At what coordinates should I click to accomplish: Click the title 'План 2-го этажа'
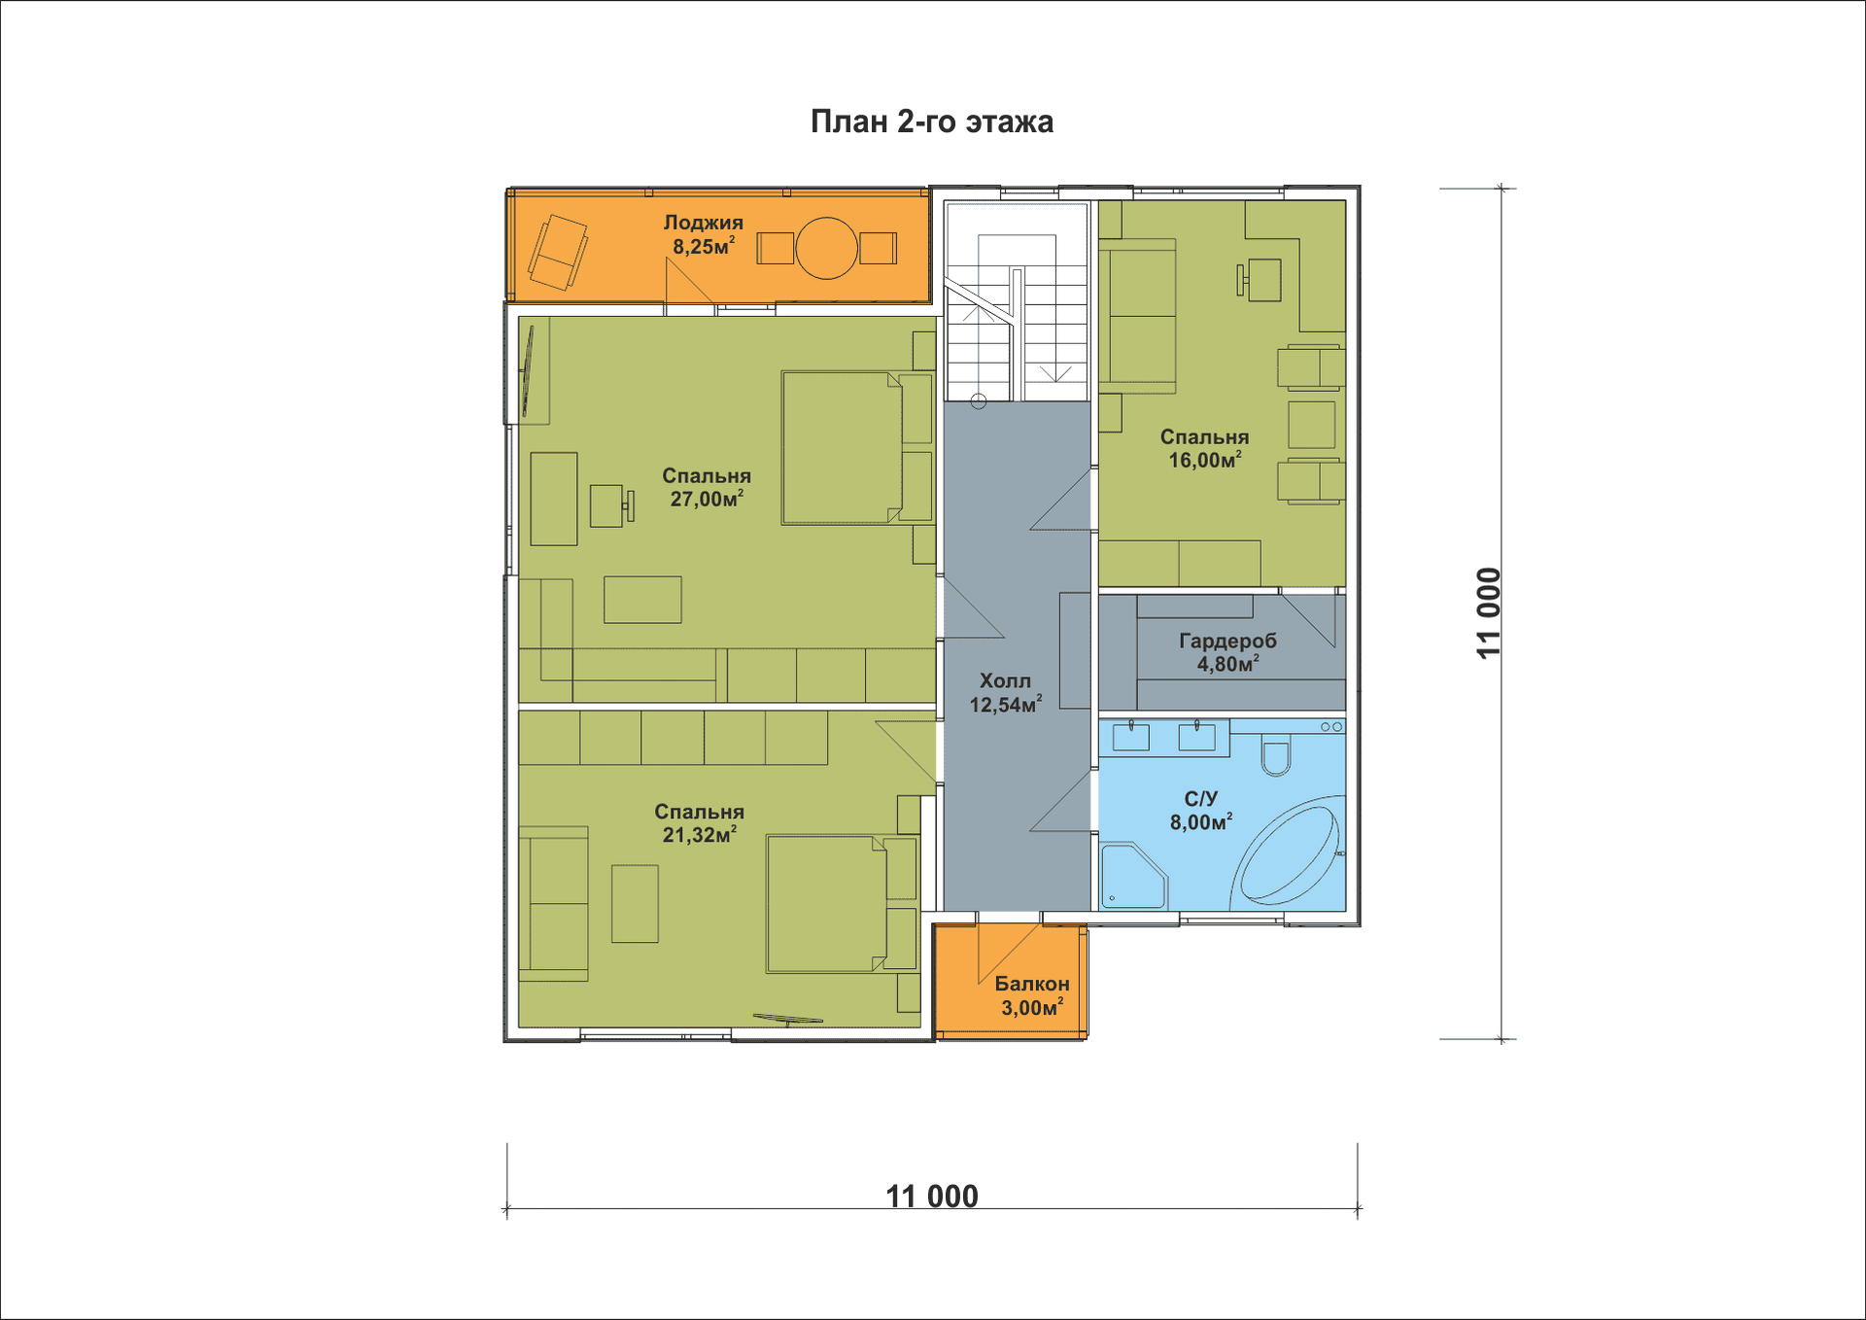(x=932, y=122)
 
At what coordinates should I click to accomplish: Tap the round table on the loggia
(x=827, y=248)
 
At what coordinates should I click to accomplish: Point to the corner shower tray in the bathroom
(x=1132, y=877)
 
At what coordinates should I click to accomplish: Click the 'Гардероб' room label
(x=1227, y=641)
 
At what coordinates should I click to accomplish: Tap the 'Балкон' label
(x=1031, y=984)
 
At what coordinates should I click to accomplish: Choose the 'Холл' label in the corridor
(x=1005, y=680)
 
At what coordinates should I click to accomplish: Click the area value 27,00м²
(x=707, y=499)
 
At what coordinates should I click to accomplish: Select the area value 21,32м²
(x=700, y=834)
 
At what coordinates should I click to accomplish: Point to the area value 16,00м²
(x=1204, y=460)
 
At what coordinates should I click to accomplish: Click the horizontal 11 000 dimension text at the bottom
(x=932, y=1196)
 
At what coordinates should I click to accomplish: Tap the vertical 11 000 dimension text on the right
(x=1489, y=613)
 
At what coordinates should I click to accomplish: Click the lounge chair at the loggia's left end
(x=558, y=252)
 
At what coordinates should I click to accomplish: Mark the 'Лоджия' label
(x=704, y=223)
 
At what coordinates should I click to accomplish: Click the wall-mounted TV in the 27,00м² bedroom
(x=528, y=371)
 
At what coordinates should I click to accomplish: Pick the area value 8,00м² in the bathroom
(x=1201, y=822)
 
